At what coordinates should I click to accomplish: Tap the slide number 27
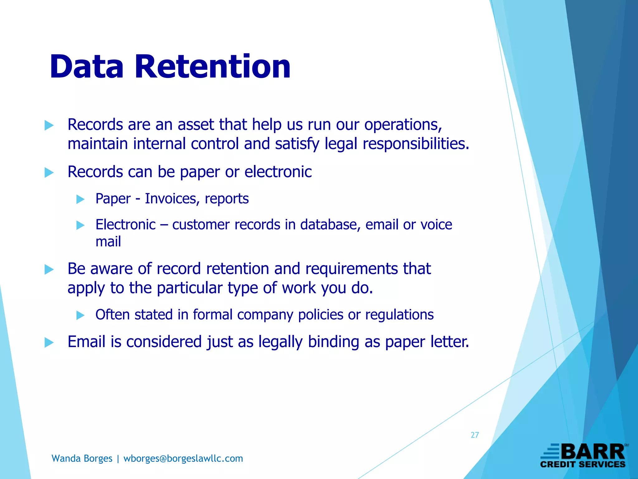(475, 435)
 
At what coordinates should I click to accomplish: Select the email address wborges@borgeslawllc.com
(183, 458)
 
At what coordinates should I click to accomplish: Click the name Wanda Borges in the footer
(82, 458)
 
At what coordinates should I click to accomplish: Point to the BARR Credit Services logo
(583, 456)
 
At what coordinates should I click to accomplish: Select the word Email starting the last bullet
(87, 341)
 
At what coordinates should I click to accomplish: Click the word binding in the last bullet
(333, 341)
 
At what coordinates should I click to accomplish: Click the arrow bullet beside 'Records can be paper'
(49, 172)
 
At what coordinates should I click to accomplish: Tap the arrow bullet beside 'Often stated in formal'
(80, 315)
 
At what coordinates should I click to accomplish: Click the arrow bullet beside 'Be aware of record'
(49, 269)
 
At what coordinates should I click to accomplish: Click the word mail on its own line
(108, 242)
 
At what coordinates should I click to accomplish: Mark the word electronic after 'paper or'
(278, 172)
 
